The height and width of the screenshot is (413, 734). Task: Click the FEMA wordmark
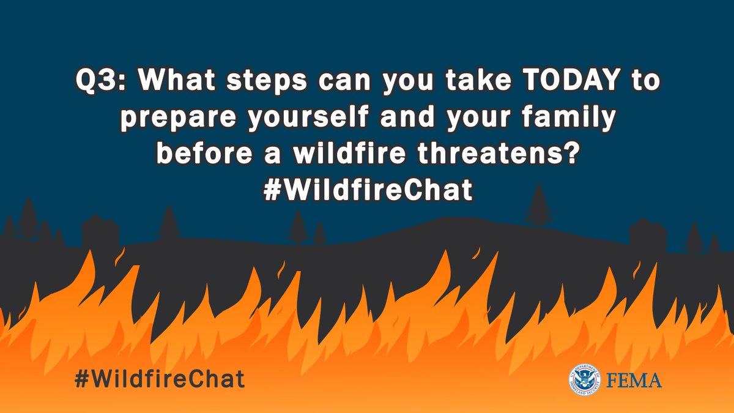click(635, 381)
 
